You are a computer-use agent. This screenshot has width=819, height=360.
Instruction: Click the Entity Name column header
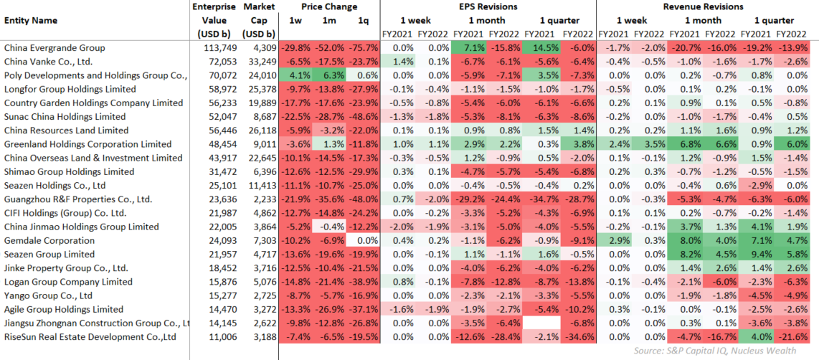tap(31, 21)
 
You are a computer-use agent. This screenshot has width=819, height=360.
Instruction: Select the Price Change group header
tap(329, 6)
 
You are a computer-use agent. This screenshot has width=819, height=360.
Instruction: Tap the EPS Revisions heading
tap(487, 6)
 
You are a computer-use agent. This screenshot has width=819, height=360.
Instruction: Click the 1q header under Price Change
tap(364, 21)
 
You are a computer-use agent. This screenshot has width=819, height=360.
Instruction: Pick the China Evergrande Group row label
tap(55, 48)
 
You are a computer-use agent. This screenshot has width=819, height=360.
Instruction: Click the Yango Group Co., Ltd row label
tap(48, 295)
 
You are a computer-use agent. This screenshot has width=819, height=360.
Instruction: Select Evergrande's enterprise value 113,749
tap(220, 48)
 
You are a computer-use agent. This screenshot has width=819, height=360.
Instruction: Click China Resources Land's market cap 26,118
tap(259, 131)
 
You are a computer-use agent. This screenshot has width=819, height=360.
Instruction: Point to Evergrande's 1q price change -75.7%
tap(364, 48)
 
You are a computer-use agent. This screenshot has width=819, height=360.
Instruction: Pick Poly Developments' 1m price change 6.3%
tap(330, 75)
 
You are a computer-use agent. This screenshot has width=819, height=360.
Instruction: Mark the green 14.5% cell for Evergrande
tap(541, 48)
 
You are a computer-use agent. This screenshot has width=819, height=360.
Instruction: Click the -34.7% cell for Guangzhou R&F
tap(541, 199)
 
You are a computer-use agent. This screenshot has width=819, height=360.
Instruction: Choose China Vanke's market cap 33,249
tap(259, 62)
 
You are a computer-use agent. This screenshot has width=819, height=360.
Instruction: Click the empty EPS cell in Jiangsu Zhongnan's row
tap(541, 323)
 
